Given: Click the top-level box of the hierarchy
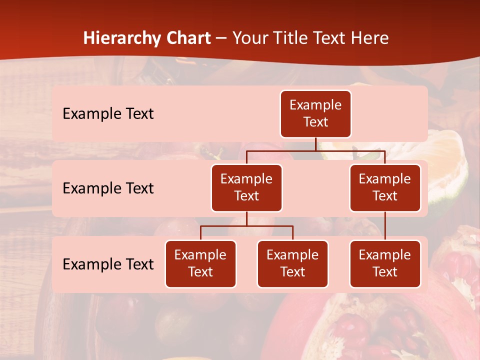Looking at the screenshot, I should (x=315, y=114).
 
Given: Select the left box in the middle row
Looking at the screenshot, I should (x=246, y=188).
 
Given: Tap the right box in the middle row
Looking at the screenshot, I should (x=385, y=188).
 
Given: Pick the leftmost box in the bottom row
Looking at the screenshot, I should (x=200, y=264).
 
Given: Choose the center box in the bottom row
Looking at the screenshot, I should (x=292, y=264).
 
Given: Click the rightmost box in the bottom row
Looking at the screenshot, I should (x=385, y=264).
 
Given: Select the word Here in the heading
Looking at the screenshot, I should (x=370, y=38).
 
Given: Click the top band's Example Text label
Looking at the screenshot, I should (x=108, y=114).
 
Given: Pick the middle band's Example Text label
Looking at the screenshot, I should (x=108, y=188).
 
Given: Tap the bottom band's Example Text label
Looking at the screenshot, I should (x=108, y=264).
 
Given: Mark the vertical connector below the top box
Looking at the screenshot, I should (x=315, y=144).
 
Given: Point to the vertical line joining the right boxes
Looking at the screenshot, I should (x=385, y=226).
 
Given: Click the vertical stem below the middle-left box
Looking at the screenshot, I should (x=246, y=219).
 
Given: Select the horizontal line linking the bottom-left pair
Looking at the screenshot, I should (x=246, y=226).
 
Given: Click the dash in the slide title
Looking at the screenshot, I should (x=221, y=38).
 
